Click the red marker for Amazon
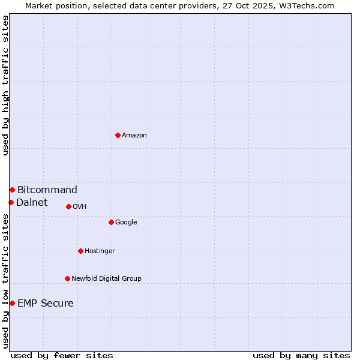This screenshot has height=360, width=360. [x=118, y=135]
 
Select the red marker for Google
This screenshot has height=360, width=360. [x=111, y=222]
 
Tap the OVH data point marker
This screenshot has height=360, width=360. [x=68, y=206]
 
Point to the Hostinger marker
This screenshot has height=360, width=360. [x=80, y=251]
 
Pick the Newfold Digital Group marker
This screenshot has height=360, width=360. [x=67, y=278]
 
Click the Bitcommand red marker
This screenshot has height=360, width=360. [x=12, y=190]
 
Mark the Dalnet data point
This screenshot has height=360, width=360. [x=11, y=202]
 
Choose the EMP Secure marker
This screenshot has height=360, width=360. [x=12, y=303]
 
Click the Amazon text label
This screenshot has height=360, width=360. [x=134, y=136]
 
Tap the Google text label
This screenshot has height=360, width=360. [x=126, y=223]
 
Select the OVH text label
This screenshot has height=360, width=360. [x=80, y=207]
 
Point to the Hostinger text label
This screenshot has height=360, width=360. [x=100, y=251]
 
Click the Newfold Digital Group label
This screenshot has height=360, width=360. [x=106, y=279]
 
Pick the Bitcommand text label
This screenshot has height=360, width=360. [x=47, y=190]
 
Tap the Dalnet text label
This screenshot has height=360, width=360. [x=32, y=203]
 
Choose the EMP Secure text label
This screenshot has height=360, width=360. [x=46, y=304]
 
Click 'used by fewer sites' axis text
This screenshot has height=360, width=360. [x=62, y=355]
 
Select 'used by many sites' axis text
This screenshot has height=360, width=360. [x=301, y=355]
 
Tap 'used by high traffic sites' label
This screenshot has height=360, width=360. [x=6, y=86]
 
